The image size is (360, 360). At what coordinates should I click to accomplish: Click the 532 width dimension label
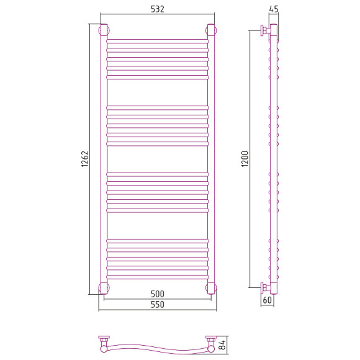(x=158, y=9)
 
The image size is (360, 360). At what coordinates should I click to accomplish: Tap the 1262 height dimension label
(x=84, y=159)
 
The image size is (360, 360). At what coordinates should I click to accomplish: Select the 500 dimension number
(x=158, y=294)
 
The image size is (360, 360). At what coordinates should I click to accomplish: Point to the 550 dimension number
(x=158, y=304)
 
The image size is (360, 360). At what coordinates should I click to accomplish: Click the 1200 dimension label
(x=245, y=159)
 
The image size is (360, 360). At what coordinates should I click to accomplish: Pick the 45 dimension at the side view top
(x=274, y=9)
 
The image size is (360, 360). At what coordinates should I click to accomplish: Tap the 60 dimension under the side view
(x=268, y=300)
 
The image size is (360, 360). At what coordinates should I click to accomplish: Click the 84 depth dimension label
(x=222, y=345)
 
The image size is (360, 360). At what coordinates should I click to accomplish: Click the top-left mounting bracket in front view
(x=104, y=30)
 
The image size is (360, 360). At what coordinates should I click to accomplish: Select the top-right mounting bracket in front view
(x=211, y=30)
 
